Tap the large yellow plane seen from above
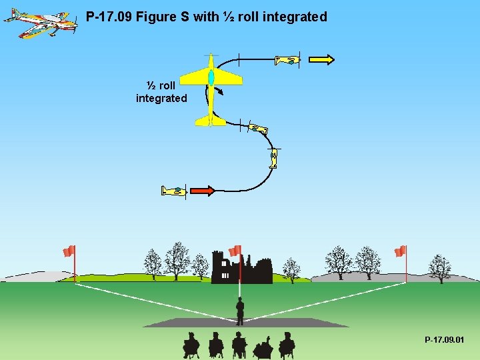coord(211,90)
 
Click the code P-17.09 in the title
coord(109,17)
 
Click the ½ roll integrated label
coord(161,92)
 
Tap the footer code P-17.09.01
coord(445,341)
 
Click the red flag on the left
coord(69,251)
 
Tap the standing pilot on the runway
coord(240,310)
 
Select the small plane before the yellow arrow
coord(287,60)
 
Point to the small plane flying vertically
coord(273,158)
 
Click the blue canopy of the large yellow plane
coord(211,77)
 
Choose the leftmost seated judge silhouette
coord(191,345)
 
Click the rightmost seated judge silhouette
coord(287,345)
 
